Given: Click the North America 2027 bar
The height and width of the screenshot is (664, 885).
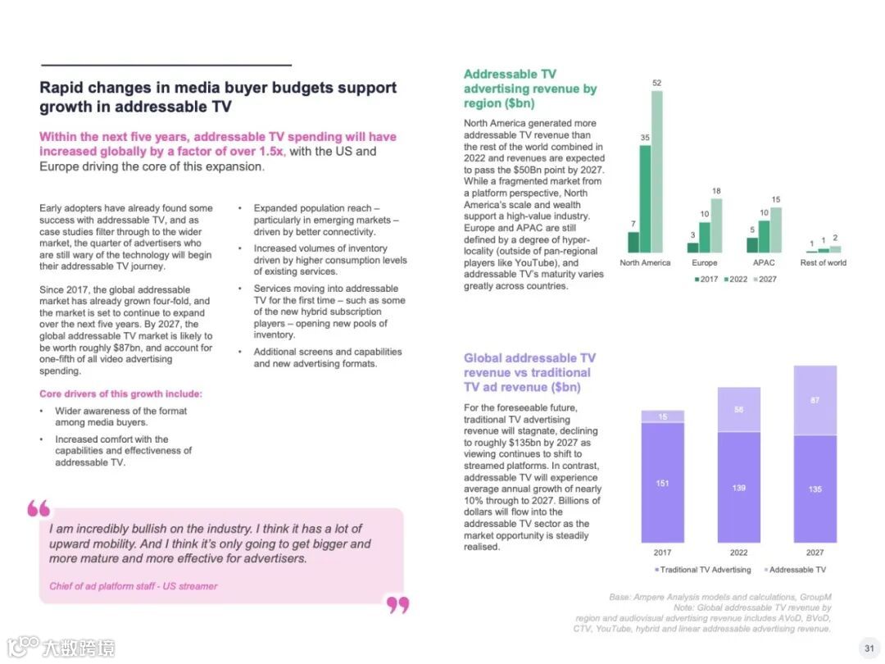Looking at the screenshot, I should point(657,171).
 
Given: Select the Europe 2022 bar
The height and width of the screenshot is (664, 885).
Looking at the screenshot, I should point(704,237).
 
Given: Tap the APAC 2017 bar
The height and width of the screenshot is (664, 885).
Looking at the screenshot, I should point(752,244).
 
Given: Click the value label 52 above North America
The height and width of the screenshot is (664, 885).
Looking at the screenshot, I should point(657,83).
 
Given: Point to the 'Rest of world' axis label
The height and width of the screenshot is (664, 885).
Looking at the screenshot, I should point(824,263).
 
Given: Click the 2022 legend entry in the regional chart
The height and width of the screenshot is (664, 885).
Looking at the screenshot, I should point(737,280).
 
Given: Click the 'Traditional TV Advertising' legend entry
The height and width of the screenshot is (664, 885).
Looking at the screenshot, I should point(702,570).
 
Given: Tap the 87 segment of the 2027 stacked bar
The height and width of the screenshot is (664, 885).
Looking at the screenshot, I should point(815,400).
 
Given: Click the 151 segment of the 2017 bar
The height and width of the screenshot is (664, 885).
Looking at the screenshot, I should point(662,483).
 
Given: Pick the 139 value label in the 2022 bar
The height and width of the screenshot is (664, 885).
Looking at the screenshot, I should point(738,488).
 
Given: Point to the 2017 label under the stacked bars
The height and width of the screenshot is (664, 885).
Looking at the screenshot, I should point(662,553).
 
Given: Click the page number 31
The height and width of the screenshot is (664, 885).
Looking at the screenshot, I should point(869,647).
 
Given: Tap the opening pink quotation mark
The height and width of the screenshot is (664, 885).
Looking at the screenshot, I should point(39,508).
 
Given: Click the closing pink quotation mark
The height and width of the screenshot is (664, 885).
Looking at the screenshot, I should point(397,605).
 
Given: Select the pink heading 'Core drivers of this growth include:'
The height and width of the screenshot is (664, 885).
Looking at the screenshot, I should point(120,394).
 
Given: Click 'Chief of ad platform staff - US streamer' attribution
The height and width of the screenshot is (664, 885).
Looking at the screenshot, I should point(134,586).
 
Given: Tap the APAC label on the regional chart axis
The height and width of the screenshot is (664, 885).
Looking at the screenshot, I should point(764,263).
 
